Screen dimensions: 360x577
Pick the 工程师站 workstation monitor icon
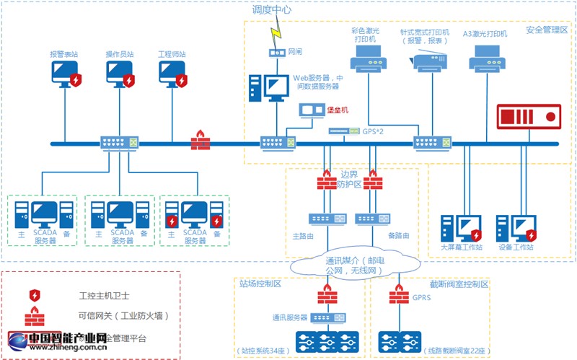coord(172,73)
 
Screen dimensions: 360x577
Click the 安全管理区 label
coord(547,30)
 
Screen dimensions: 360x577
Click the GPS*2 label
coord(373,131)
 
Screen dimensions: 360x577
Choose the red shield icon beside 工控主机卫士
coord(34,295)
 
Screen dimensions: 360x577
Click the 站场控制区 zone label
coord(260,284)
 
